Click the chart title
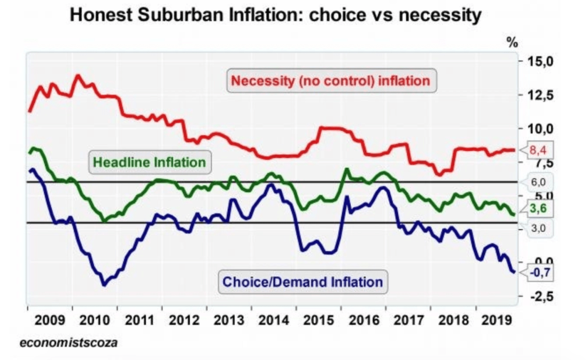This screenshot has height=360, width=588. [x=276, y=17]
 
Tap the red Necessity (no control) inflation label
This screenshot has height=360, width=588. [x=331, y=81]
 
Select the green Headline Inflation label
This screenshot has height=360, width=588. [x=149, y=162]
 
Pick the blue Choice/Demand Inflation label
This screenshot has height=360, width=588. [x=303, y=281]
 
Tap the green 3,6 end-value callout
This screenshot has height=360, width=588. [x=539, y=210]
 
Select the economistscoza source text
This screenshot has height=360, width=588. [x=68, y=342]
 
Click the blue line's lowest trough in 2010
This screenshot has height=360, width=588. [x=104, y=285]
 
